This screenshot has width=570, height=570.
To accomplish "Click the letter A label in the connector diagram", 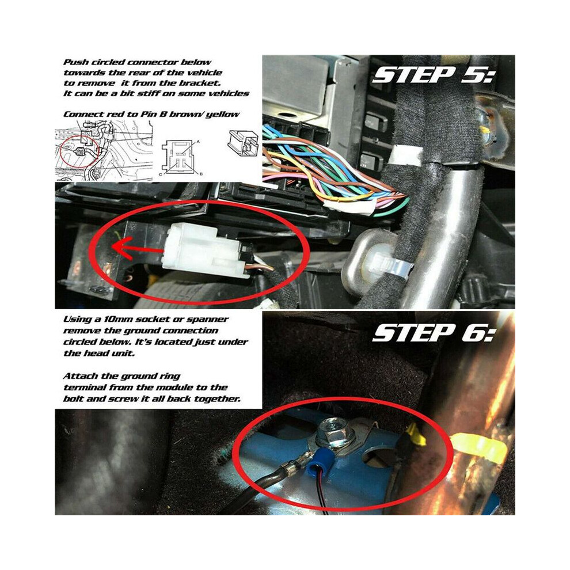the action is (198, 141).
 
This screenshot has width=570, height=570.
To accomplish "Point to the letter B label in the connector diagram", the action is (200, 174).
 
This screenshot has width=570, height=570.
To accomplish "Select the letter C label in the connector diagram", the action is (161, 174).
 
